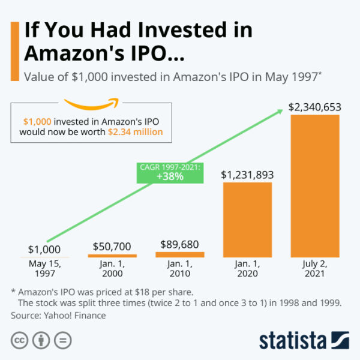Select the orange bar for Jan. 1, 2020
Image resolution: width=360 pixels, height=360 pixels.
(x=247, y=220)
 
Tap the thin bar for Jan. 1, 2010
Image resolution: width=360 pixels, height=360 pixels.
(x=180, y=255)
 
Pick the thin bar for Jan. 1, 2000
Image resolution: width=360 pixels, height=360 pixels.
(x=112, y=256)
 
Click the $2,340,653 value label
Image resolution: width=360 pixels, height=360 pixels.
(x=315, y=107)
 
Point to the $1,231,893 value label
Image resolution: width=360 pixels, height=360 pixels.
(x=247, y=175)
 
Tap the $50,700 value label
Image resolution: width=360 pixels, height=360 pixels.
(x=112, y=246)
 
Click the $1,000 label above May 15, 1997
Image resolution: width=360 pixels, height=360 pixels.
(x=45, y=250)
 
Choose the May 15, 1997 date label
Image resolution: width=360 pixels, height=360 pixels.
(x=45, y=269)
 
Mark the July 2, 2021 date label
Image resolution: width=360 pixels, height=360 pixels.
(x=315, y=269)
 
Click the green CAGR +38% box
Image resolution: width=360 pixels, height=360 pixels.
(x=170, y=172)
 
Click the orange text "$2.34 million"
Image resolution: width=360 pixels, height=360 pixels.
(x=136, y=131)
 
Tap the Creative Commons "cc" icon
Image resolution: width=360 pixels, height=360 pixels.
(x=18, y=340)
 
